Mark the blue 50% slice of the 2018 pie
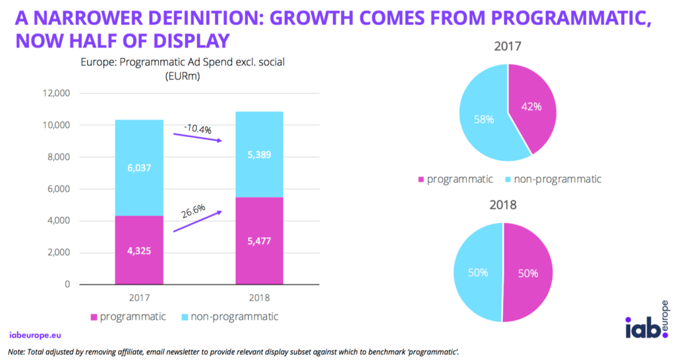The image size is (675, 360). click(478, 272)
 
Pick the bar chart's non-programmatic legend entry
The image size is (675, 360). click(227, 317)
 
